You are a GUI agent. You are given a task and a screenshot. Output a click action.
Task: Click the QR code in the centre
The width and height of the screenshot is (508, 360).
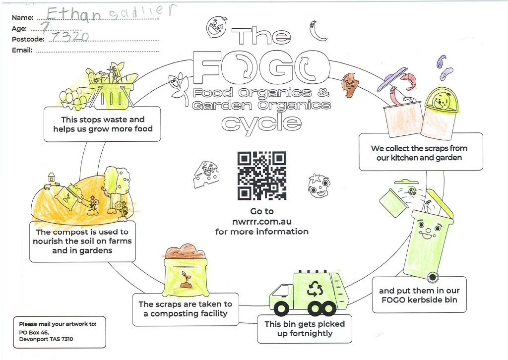[262, 175]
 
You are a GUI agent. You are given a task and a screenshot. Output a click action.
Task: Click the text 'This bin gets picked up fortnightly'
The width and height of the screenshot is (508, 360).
[304, 328]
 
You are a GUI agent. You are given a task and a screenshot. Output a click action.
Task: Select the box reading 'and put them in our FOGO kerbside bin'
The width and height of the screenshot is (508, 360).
[419, 295]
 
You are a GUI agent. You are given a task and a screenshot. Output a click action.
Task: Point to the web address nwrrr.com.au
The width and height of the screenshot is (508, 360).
[261, 222]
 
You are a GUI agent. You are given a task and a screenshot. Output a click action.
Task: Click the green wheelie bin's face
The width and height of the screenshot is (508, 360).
[430, 229]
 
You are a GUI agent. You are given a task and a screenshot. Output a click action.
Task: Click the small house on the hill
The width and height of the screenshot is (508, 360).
[51, 177]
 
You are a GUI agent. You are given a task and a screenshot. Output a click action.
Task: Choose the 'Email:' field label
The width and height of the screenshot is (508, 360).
[22, 50]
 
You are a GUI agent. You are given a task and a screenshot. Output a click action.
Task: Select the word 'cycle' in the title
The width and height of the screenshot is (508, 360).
[261, 122]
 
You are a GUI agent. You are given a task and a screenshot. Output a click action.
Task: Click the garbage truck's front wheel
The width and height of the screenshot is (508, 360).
[282, 308]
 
